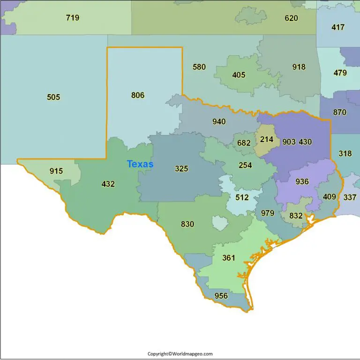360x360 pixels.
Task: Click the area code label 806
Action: pyautogui.click(x=138, y=95)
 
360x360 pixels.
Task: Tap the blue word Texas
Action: pyautogui.click(x=140, y=164)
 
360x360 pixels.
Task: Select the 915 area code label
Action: pyautogui.click(x=56, y=171)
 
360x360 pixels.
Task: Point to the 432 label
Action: pyautogui.click(x=108, y=184)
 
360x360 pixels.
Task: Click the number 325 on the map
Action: pyautogui.click(x=181, y=169)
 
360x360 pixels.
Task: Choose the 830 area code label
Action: pyautogui.click(x=187, y=224)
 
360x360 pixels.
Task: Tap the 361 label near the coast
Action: pyautogui.click(x=229, y=258)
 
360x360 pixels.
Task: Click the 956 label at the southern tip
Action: pyautogui.click(x=221, y=296)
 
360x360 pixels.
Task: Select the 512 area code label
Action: pyautogui.click(x=242, y=197)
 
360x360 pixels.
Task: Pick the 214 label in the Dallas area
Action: pyautogui.click(x=267, y=139)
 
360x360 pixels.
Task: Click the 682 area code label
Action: pyautogui.click(x=244, y=143)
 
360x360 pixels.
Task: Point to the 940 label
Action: pyautogui.click(x=219, y=122)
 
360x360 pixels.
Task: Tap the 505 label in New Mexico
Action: pyautogui.click(x=53, y=97)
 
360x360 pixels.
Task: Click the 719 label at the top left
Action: pyautogui.click(x=73, y=18)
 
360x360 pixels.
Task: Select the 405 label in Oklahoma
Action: pyautogui.click(x=239, y=75)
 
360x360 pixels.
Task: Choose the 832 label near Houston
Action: pyautogui.click(x=296, y=216)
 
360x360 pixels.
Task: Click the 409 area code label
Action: pyautogui.click(x=330, y=197)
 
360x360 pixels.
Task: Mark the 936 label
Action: pyautogui.click(x=302, y=181)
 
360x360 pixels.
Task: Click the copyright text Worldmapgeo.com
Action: pyautogui.click(x=180, y=354)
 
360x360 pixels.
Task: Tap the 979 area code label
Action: pyautogui.click(x=268, y=213)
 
